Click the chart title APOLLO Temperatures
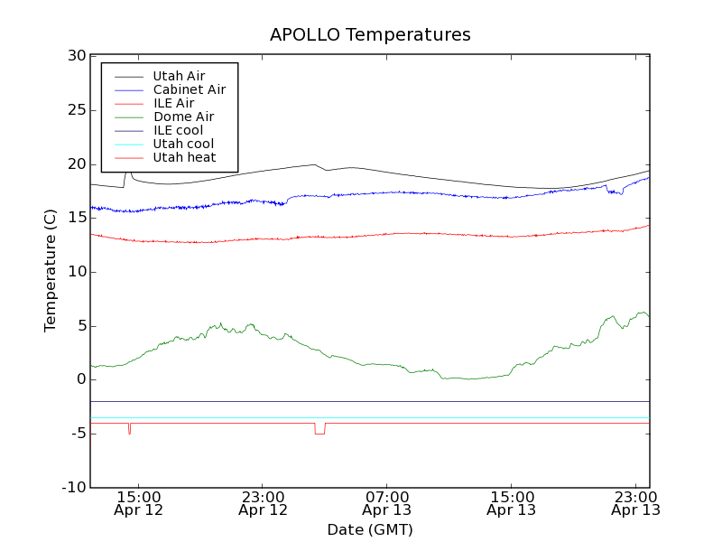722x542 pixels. coord(370,35)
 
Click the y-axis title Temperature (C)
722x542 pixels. coord(51,271)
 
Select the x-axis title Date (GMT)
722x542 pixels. coord(370,529)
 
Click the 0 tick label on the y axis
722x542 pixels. coord(80,379)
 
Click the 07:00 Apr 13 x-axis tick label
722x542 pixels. coord(387,503)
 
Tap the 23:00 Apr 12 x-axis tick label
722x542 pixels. coord(263,503)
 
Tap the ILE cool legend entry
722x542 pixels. coord(178,130)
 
